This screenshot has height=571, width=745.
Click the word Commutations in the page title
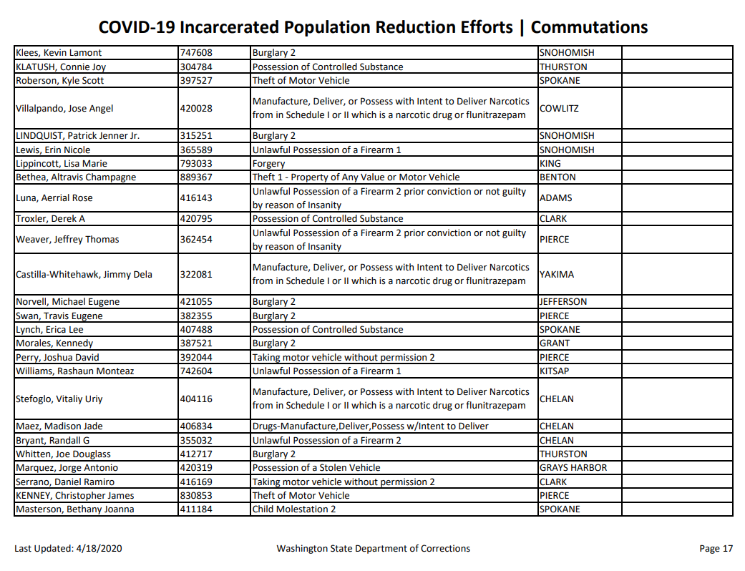589,27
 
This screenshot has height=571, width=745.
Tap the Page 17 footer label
716,549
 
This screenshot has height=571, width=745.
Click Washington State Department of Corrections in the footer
373,549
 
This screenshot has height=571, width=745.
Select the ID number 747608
196,53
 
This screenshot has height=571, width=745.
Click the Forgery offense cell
268,164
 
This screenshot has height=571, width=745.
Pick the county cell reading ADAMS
556,198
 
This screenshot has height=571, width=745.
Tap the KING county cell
550,164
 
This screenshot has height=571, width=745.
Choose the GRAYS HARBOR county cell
573,468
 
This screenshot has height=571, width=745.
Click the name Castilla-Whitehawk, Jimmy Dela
84,275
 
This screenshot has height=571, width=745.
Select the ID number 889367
196,177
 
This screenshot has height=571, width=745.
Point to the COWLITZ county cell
559,109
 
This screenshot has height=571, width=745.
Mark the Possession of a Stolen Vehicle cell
316,468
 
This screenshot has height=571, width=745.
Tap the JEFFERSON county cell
563,302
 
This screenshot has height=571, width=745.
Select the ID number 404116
196,399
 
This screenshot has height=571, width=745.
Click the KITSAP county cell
554,371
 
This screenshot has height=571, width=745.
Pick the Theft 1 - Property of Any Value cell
356,177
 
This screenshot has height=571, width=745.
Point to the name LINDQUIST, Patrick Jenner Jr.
77,136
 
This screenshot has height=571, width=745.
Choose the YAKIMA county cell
556,275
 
